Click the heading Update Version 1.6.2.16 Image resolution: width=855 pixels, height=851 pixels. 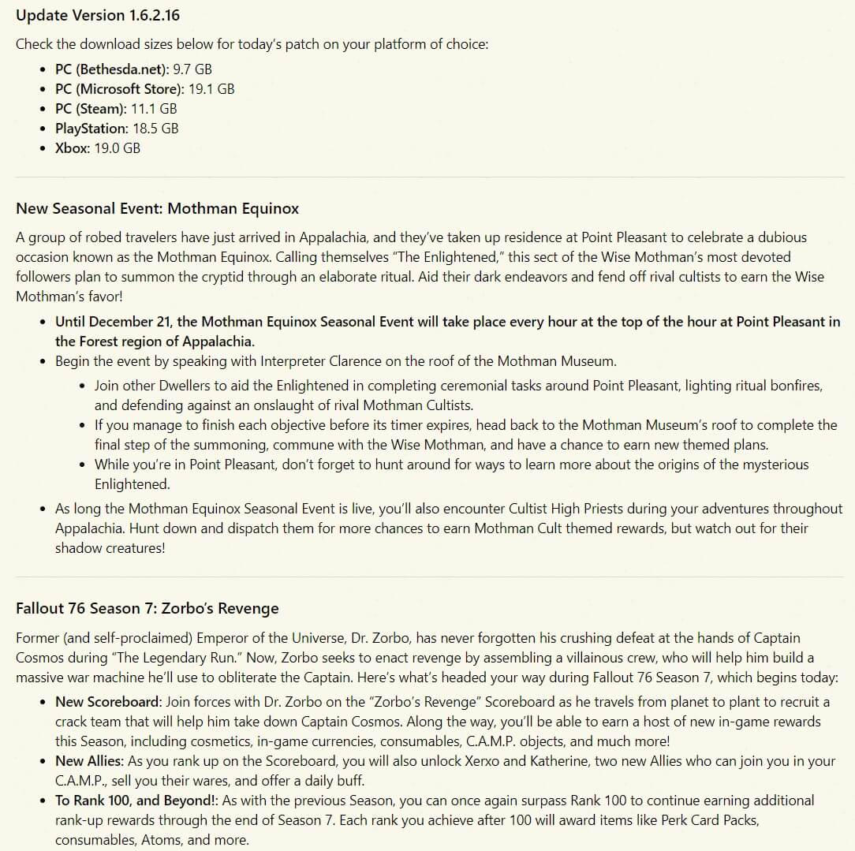92,15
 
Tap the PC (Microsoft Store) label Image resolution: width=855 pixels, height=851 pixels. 119,89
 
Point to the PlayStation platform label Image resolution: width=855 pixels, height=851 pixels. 91,129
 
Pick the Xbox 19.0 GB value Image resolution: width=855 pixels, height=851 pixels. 117,148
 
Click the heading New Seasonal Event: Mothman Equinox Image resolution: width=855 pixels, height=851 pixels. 158,209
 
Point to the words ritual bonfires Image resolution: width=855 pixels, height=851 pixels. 772,386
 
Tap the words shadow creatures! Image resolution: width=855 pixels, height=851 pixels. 110,548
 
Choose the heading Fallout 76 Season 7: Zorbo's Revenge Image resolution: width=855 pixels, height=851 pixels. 147,608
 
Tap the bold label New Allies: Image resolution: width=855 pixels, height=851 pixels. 89,761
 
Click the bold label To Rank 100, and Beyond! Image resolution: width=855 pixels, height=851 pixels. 135,801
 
